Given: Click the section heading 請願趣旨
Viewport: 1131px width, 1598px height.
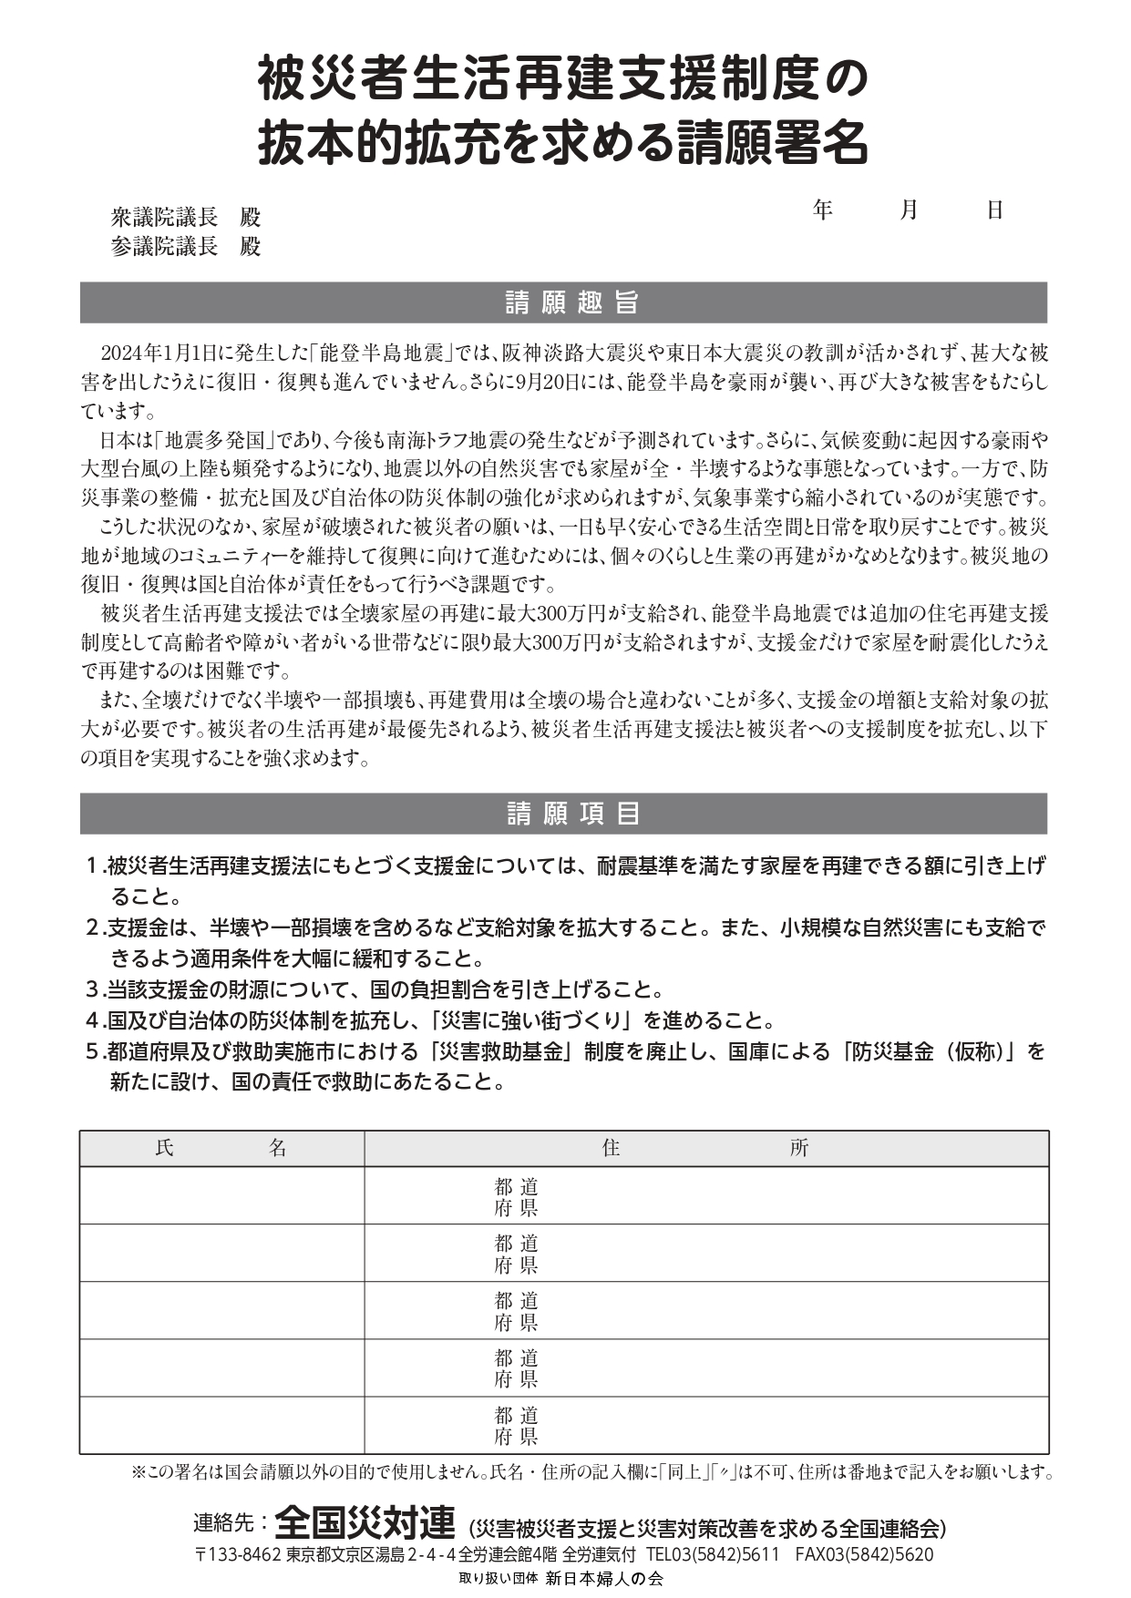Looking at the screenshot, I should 571,303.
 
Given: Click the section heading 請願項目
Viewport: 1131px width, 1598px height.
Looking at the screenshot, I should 571,814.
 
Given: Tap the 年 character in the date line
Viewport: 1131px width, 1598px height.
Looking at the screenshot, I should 823,210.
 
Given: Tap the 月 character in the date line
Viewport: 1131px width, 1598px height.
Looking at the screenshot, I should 909,210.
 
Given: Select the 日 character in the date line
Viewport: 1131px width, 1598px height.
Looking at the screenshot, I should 994,210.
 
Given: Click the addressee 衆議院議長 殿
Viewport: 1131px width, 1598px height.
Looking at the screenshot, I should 186,218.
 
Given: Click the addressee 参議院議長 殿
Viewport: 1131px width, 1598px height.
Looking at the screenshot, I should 186,247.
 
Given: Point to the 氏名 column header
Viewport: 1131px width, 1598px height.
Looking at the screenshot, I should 221,1149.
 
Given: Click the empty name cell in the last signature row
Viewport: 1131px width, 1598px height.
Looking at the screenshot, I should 221,1426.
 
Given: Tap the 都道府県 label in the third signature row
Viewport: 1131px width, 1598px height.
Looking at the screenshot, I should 516,1311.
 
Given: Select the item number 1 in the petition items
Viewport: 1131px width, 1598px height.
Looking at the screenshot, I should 92,866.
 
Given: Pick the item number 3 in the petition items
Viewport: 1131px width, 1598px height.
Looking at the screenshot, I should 92,989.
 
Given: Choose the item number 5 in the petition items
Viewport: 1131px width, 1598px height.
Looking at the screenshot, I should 92,1051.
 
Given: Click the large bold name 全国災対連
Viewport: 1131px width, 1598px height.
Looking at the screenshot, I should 365,1521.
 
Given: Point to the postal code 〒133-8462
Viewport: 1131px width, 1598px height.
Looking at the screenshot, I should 237,1555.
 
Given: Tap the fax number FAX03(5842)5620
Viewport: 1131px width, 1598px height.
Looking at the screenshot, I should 864,1555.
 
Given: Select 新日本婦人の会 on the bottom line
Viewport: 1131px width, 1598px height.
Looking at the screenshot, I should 604,1580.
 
